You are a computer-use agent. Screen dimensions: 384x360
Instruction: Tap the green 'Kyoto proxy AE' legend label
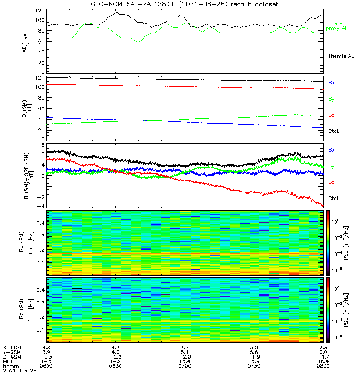click(x=338, y=26)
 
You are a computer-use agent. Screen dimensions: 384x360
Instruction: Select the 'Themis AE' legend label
click(x=341, y=56)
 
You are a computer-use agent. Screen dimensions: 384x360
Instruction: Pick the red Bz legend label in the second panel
click(x=331, y=115)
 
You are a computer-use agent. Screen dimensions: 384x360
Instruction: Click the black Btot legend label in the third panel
click(x=333, y=198)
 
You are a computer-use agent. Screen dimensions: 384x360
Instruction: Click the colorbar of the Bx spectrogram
click(x=329, y=242)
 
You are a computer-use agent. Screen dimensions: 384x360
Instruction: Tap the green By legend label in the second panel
click(x=331, y=99)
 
